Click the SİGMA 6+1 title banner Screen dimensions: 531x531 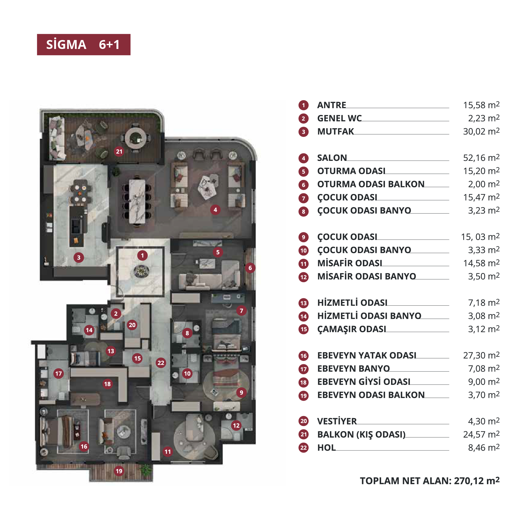click(84, 45)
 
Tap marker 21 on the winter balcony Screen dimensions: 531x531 click(119, 151)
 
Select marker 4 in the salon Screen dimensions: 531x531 click(215, 210)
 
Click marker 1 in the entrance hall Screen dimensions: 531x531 click(142, 256)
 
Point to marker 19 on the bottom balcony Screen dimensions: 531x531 click(119, 471)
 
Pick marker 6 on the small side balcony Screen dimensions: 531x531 click(250, 268)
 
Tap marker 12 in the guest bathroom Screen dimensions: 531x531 click(236, 426)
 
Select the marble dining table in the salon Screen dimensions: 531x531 click(137, 201)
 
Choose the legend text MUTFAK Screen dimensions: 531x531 click(335, 131)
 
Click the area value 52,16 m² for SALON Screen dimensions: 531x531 click(481, 158)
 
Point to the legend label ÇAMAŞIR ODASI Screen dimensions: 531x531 click(352, 329)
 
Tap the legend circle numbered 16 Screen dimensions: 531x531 click(303, 356)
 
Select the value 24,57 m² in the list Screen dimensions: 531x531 click(481, 434)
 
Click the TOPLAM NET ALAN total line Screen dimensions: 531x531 click(430, 481)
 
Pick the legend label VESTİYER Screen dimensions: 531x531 click(337, 421)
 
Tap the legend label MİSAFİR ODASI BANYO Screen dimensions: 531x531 click(367, 276)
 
